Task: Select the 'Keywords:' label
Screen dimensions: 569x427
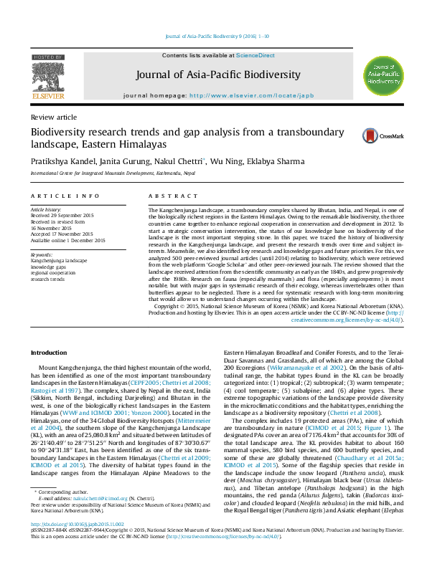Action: coord(42,254)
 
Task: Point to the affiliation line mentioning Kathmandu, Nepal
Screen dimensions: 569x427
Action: coord(107,173)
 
